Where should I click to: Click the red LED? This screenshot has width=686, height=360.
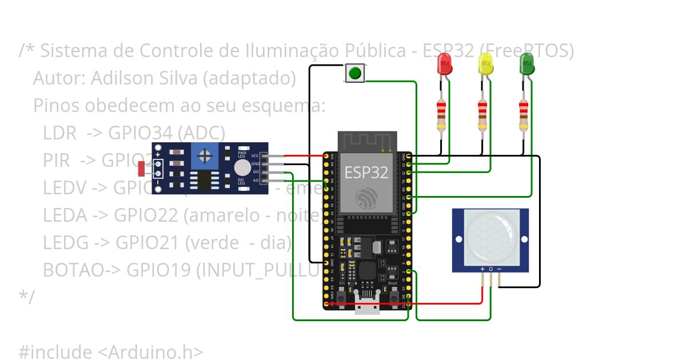(x=445, y=64)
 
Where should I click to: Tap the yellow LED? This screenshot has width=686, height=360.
(x=486, y=64)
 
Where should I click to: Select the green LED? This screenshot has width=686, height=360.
(x=527, y=64)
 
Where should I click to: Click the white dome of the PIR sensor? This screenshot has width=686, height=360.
(x=490, y=237)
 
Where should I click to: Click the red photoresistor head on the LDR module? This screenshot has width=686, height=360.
(x=141, y=169)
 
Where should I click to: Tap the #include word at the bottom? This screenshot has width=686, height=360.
(x=55, y=352)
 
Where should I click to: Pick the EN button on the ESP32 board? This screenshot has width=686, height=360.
(x=342, y=298)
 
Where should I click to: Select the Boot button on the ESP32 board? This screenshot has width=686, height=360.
(x=393, y=298)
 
